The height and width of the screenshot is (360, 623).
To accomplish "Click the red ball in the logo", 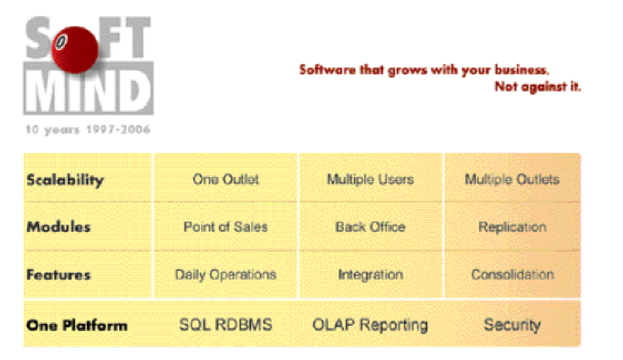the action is [75, 49].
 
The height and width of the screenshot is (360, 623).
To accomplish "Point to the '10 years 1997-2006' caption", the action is [88, 129].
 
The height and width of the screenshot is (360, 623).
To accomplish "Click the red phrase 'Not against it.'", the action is [537, 87].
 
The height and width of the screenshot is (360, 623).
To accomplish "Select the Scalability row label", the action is [65, 180].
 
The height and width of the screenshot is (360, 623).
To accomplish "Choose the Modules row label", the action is [58, 227].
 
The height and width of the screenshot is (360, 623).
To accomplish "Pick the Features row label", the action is [58, 274].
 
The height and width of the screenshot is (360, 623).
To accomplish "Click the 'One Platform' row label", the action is [77, 325].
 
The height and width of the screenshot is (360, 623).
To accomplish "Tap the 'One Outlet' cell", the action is [226, 179].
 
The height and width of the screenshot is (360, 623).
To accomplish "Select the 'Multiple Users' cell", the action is [370, 179].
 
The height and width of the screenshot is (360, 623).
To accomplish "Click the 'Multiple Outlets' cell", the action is [512, 179].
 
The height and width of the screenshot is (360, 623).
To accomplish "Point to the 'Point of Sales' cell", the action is [225, 227].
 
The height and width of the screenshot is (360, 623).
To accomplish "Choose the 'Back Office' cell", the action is [370, 227].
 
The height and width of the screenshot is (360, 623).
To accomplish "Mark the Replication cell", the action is [512, 227].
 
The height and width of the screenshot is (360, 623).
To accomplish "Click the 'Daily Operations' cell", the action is [225, 275].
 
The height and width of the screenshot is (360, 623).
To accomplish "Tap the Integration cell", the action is [370, 275].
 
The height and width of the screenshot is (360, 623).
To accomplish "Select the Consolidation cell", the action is [512, 274].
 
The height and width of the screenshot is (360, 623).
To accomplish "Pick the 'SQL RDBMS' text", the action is [226, 325].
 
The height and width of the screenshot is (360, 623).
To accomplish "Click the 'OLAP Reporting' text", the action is [370, 325].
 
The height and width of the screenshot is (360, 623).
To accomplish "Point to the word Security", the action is [512, 325].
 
